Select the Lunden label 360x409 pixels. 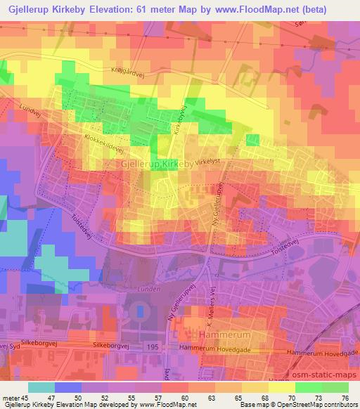tap(150, 288)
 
